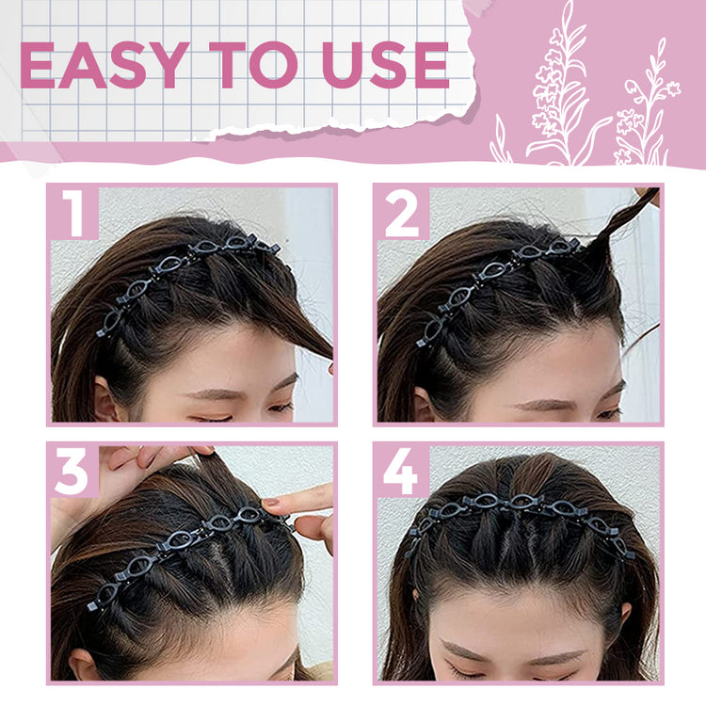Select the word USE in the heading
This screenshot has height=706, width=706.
(x=385, y=65)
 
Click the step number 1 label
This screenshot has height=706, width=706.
(x=73, y=213)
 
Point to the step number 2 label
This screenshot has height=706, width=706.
(x=402, y=213)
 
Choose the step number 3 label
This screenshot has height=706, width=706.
(x=72, y=471)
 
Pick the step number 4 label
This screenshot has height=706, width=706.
(x=401, y=471)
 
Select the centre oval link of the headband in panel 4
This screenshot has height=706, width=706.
(x=522, y=502)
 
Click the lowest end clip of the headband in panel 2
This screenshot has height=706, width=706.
(x=421, y=343)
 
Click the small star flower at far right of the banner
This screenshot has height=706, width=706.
(x=673, y=88)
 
